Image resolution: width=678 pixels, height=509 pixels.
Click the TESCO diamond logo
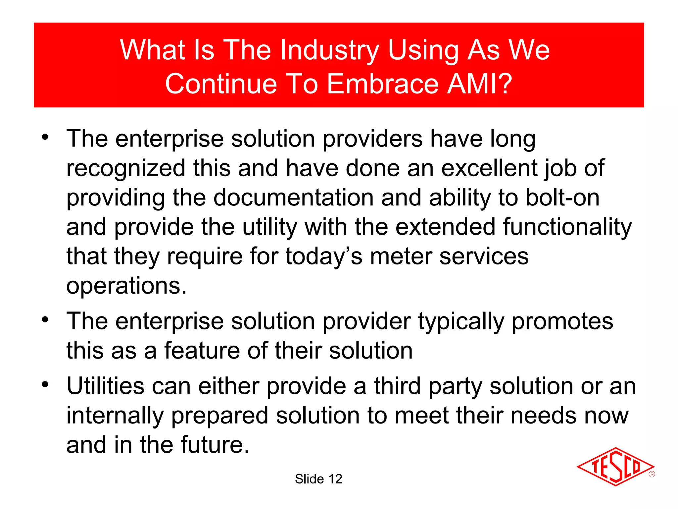pyautogui.click(x=615, y=467)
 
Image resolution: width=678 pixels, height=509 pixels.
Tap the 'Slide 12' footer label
pyautogui.click(x=318, y=479)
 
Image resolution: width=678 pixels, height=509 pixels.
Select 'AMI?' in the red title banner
pyautogui.click(x=480, y=84)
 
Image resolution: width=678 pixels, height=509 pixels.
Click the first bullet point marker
pyautogui.click(x=45, y=137)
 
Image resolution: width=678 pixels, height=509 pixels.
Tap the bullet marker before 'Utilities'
pyautogui.click(x=45, y=385)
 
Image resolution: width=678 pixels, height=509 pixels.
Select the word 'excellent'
pyautogui.click(x=489, y=168)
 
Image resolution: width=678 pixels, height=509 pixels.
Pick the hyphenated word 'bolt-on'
pyautogui.click(x=562, y=198)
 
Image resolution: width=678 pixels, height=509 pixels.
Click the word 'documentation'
pyautogui.click(x=293, y=198)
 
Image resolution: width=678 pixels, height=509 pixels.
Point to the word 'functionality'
pyautogui.click(x=567, y=227)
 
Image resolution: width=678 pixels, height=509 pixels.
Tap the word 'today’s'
pyautogui.click(x=324, y=256)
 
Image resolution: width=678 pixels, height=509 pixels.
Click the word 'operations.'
pyautogui.click(x=126, y=286)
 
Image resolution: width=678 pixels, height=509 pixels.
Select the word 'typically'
pyautogui.click(x=461, y=321)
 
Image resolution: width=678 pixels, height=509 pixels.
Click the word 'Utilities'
pyautogui.click(x=106, y=386)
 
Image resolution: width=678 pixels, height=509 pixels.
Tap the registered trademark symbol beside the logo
pyautogui.click(x=652, y=474)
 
